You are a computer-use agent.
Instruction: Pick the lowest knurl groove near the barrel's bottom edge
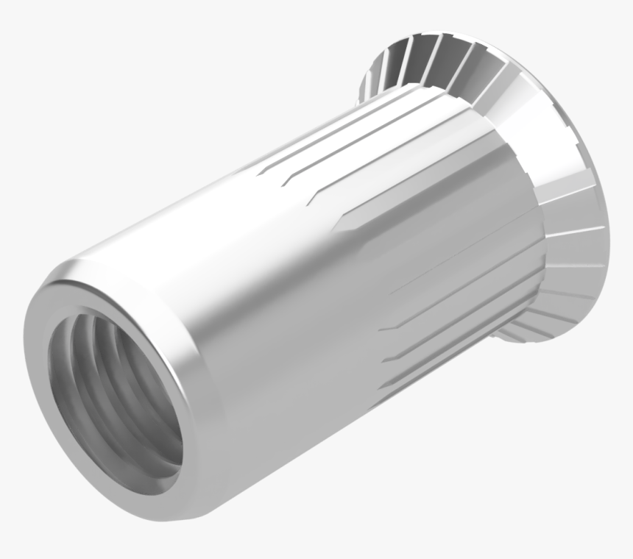click(427, 375)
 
